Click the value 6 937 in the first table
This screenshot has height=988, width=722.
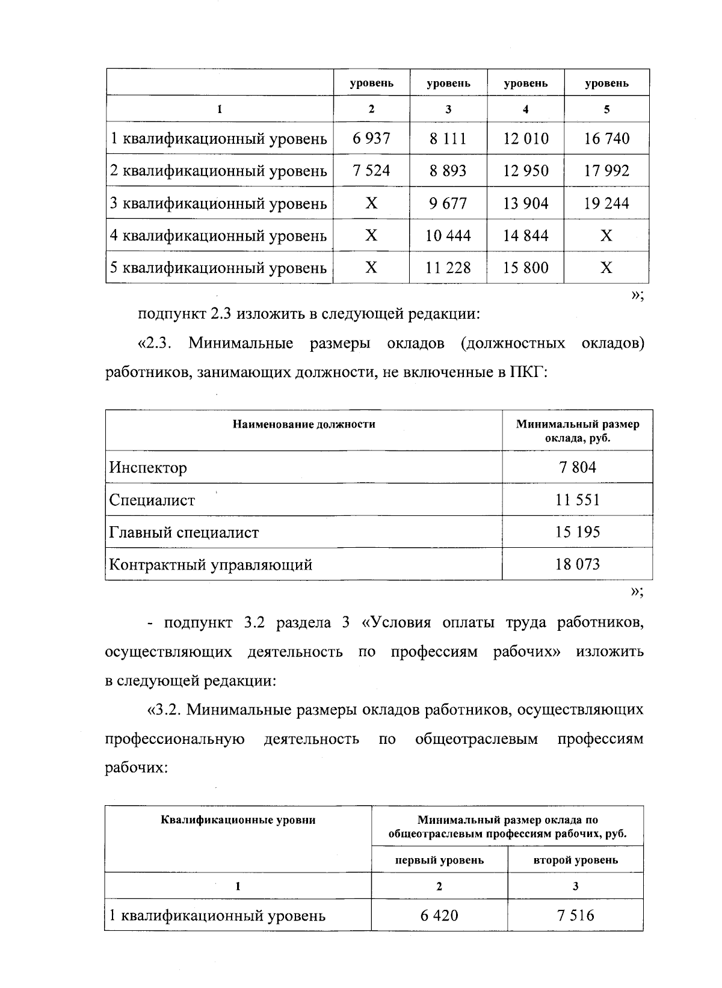point(371,139)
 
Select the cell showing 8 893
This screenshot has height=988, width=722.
point(448,171)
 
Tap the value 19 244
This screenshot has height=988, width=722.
point(606,204)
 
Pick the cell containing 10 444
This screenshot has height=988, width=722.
point(448,236)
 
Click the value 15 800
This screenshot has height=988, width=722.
point(525,268)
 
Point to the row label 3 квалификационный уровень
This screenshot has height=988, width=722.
point(218,204)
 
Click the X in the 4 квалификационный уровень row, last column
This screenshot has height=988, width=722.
point(606,236)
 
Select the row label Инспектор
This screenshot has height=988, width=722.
point(148,468)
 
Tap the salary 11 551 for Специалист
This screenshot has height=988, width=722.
point(577,500)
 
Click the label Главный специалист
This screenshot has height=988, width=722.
point(184,533)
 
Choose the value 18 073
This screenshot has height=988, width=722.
point(577,565)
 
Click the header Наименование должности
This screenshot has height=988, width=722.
point(304,425)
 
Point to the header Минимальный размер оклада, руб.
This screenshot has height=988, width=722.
point(577,431)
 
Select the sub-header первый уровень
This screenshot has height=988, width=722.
point(439,861)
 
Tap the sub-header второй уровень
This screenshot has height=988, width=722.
point(575,861)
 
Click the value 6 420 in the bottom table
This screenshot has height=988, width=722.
point(439,916)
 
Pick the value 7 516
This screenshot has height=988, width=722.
point(575,916)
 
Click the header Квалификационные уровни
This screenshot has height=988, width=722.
point(238,820)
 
